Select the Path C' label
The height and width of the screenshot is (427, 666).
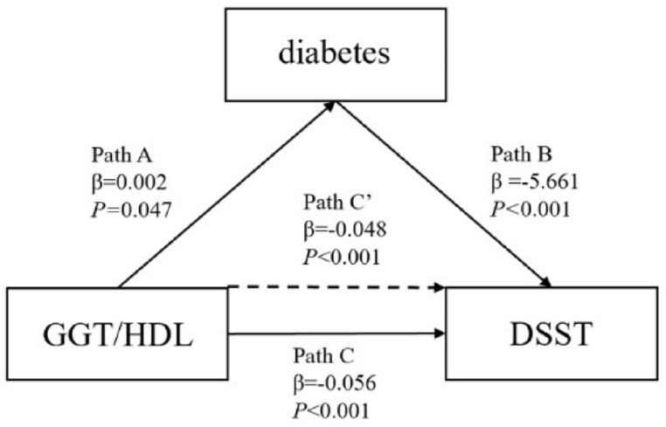336,203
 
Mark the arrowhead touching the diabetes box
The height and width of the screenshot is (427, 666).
330,104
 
